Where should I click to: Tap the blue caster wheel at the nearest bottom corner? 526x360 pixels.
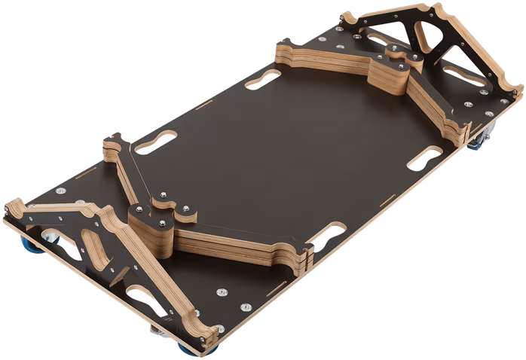[188, 348]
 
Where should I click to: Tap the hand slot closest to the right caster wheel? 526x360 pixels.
[424, 158]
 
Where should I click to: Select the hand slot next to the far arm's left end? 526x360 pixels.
[262, 78]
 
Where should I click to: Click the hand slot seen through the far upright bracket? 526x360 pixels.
[463, 75]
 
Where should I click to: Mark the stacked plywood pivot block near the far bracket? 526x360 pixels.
[387, 72]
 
